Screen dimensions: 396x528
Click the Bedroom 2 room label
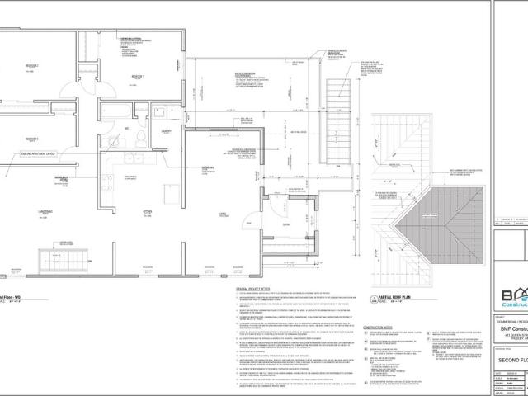point(32,64)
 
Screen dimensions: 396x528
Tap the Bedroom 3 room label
point(32,139)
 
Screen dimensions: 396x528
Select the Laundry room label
point(165,130)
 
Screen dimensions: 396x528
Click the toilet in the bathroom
point(142,137)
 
